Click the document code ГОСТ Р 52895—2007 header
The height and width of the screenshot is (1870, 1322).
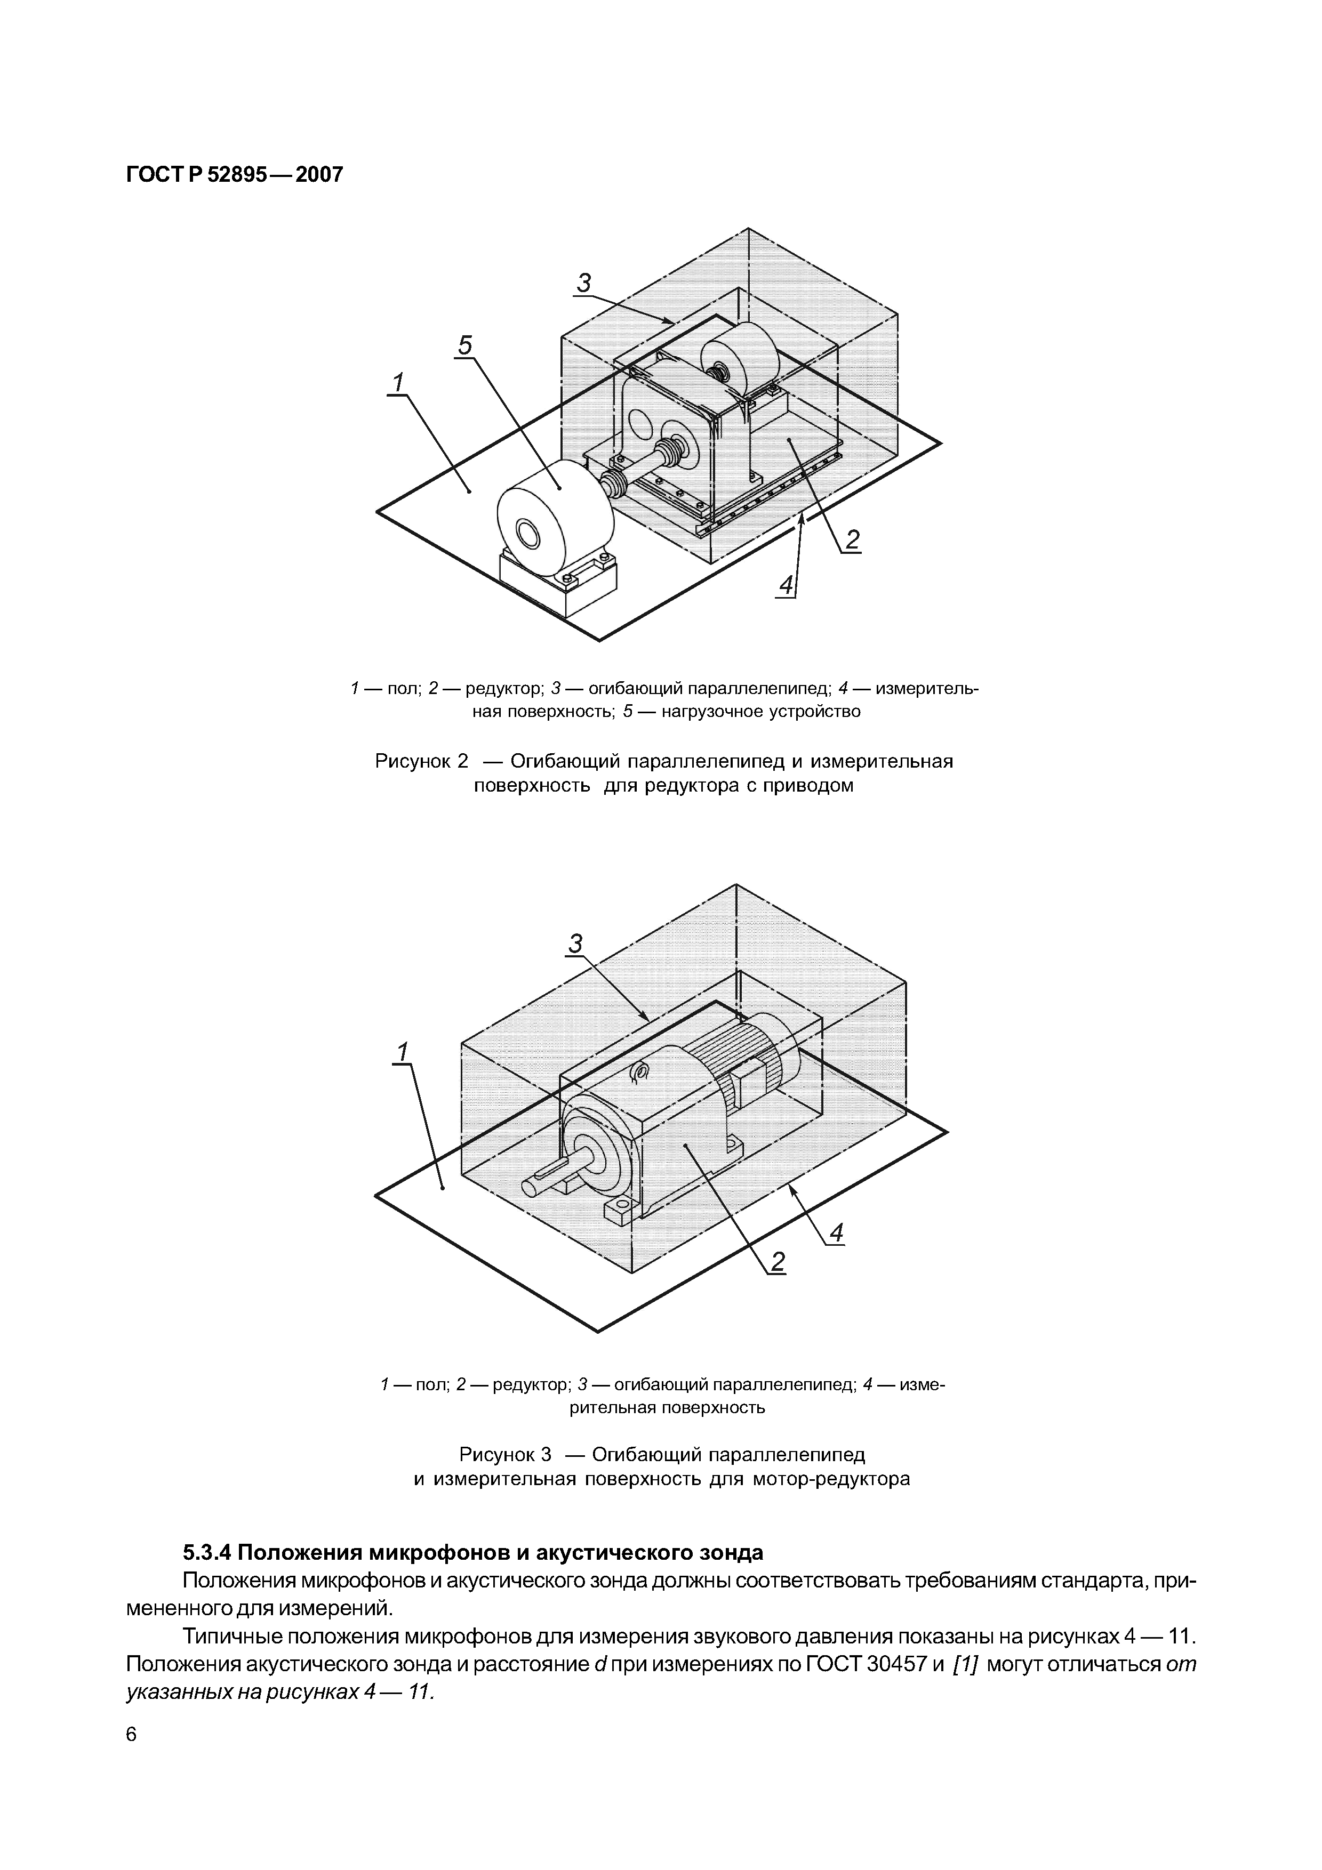235,174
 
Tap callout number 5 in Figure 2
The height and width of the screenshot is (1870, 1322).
464,346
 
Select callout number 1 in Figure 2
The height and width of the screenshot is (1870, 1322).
398,382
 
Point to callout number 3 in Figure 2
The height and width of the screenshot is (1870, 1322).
584,284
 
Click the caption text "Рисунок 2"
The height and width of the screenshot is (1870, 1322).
422,762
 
